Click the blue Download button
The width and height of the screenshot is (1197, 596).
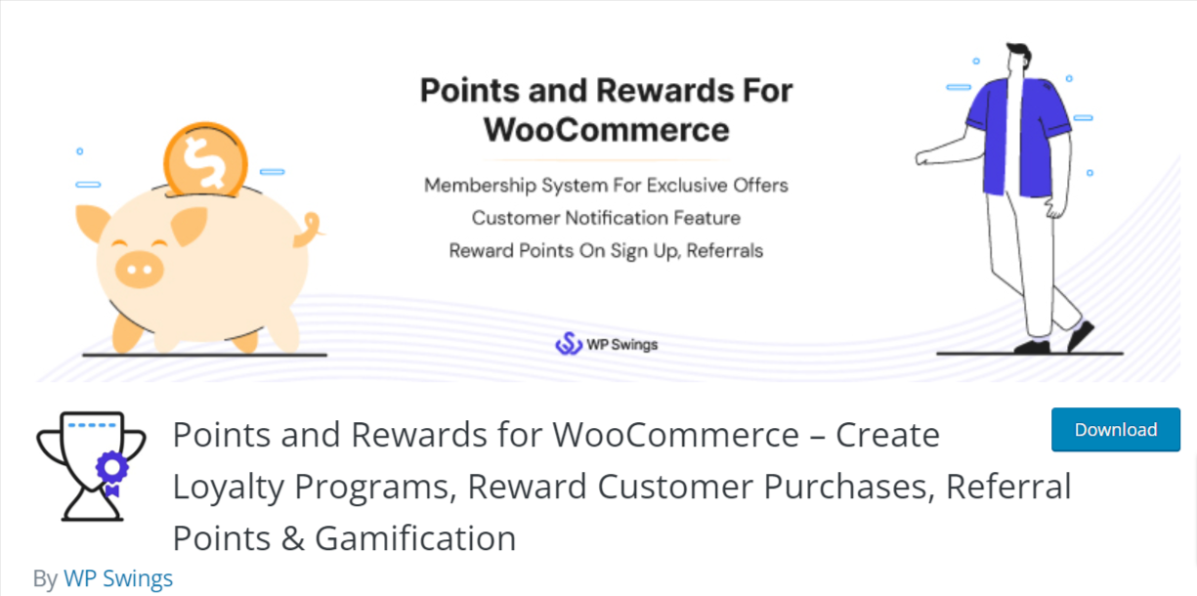(x=1115, y=429)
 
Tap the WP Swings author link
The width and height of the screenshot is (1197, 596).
(x=118, y=577)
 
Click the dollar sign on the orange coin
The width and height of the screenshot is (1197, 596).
(x=203, y=160)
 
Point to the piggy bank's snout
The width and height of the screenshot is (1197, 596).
(x=140, y=270)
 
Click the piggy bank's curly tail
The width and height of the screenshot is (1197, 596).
(x=311, y=229)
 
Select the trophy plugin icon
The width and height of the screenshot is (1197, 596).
(x=92, y=466)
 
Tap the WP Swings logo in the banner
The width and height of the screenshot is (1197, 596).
(x=606, y=344)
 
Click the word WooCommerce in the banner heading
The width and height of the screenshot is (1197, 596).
(x=607, y=130)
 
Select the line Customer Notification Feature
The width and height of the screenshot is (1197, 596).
(x=606, y=218)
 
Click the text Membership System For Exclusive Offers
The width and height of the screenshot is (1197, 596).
(x=606, y=186)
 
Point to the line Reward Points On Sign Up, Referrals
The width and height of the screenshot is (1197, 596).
(x=606, y=251)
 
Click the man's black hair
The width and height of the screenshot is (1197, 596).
(x=1020, y=53)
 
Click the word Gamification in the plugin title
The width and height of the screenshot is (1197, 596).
(x=415, y=537)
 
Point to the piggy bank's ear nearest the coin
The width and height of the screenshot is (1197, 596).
(x=189, y=226)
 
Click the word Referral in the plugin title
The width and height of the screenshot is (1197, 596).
(x=1008, y=486)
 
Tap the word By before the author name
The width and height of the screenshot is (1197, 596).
(x=45, y=578)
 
